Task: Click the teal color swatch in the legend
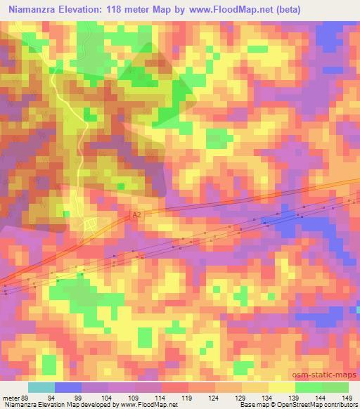(41, 387)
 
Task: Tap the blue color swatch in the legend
(67, 387)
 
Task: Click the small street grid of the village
(90, 224)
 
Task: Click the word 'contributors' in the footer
(342, 405)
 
